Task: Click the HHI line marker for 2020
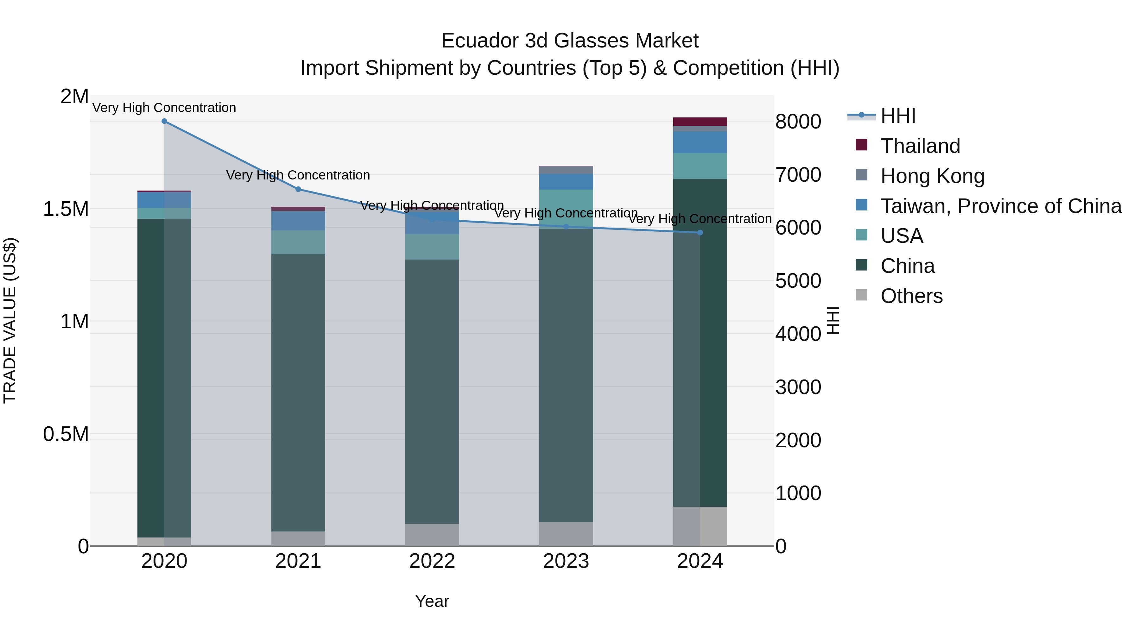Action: click(x=164, y=121)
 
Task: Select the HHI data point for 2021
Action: click(x=298, y=189)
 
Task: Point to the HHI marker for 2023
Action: click(x=566, y=227)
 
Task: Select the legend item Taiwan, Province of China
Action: click(x=1001, y=206)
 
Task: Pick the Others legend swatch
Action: click(x=862, y=295)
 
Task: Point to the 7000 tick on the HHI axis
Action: click(x=798, y=175)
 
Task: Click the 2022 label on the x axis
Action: click(x=432, y=561)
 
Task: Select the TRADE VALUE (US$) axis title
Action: click(x=10, y=320)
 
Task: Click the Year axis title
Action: click(x=432, y=601)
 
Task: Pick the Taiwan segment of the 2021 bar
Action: click(x=298, y=221)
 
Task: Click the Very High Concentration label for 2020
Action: click(x=164, y=108)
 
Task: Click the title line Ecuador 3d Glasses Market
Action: click(x=570, y=41)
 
